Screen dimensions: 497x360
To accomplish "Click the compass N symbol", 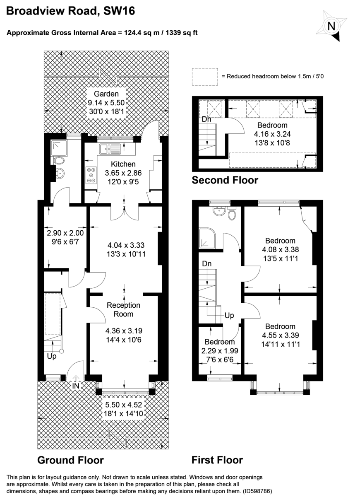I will tap(331, 26).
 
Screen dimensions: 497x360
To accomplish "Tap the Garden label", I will tap(106, 94).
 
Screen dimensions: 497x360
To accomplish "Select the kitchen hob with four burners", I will tap(90, 175).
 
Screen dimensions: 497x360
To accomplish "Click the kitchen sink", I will tap(110, 147).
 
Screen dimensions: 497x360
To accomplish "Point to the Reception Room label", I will tap(123, 309).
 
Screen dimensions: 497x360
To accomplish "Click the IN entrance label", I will tap(76, 386).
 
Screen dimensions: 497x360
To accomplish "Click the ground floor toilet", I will tap(59, 160).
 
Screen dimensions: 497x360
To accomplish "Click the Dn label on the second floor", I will tap(206, 119).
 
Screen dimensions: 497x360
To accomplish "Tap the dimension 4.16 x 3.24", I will tap(272, 134).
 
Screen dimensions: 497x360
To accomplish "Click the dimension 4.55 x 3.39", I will tap(280, 335).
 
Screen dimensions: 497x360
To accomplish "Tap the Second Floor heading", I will tap(225, 180).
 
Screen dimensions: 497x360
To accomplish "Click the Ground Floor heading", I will tap(70, 460).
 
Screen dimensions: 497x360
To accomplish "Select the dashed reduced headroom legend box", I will tap(205, 77).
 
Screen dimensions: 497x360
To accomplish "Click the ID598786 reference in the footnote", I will tap(250, 490).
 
